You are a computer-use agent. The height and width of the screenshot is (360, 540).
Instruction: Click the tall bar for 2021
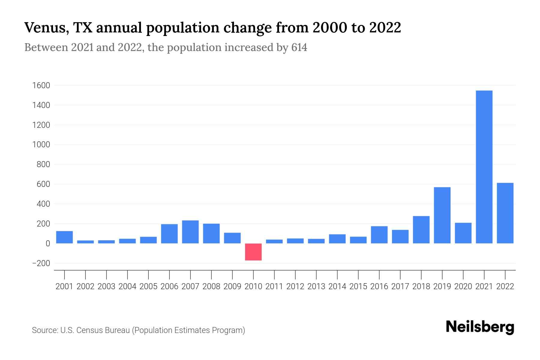pos(484,167)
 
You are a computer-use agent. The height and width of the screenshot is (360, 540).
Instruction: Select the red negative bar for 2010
pos(253,252)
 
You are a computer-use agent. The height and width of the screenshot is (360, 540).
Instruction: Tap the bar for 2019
pos(442,215)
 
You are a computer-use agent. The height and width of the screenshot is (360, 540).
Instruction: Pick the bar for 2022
pos(505,213)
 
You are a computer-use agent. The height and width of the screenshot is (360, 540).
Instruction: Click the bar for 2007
pos(190,232)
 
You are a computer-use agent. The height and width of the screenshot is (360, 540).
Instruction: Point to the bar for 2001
pos(64,237)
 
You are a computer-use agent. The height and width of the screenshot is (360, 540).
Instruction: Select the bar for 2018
pos(421,229)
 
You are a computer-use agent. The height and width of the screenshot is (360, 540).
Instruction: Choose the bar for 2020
pos(463,233)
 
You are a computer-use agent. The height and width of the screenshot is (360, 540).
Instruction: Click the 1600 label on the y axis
pos(41,86)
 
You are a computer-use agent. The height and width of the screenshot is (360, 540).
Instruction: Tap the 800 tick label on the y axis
pos(43,165)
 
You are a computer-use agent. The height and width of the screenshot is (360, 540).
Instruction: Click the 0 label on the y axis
pos(48,244)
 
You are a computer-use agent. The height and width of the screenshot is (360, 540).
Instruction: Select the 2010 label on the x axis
pos(253,286)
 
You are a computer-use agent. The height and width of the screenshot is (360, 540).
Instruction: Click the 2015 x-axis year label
pos(358,286)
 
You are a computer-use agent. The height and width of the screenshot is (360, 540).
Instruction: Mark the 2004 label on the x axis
pos(127,286)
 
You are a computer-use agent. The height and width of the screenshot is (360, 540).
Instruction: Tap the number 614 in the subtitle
pos(299,48)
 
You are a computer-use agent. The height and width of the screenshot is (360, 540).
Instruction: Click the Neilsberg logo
pos(480,327)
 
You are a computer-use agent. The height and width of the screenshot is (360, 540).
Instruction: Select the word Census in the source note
pos(88,330)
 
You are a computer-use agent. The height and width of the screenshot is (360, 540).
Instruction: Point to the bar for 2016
pos(379,235)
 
